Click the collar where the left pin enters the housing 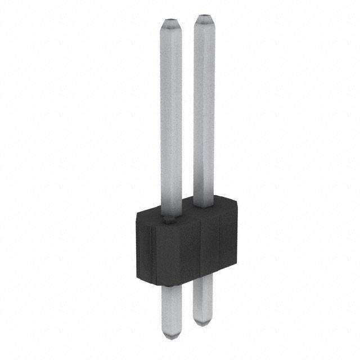170,217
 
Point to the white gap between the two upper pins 188,112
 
